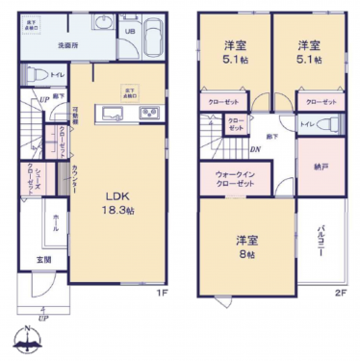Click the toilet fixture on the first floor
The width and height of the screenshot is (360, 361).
tap(34, 73)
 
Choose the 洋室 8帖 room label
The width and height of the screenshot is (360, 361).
tap(248, 245)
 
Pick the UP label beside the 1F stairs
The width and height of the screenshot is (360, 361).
tap(44, 99)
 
